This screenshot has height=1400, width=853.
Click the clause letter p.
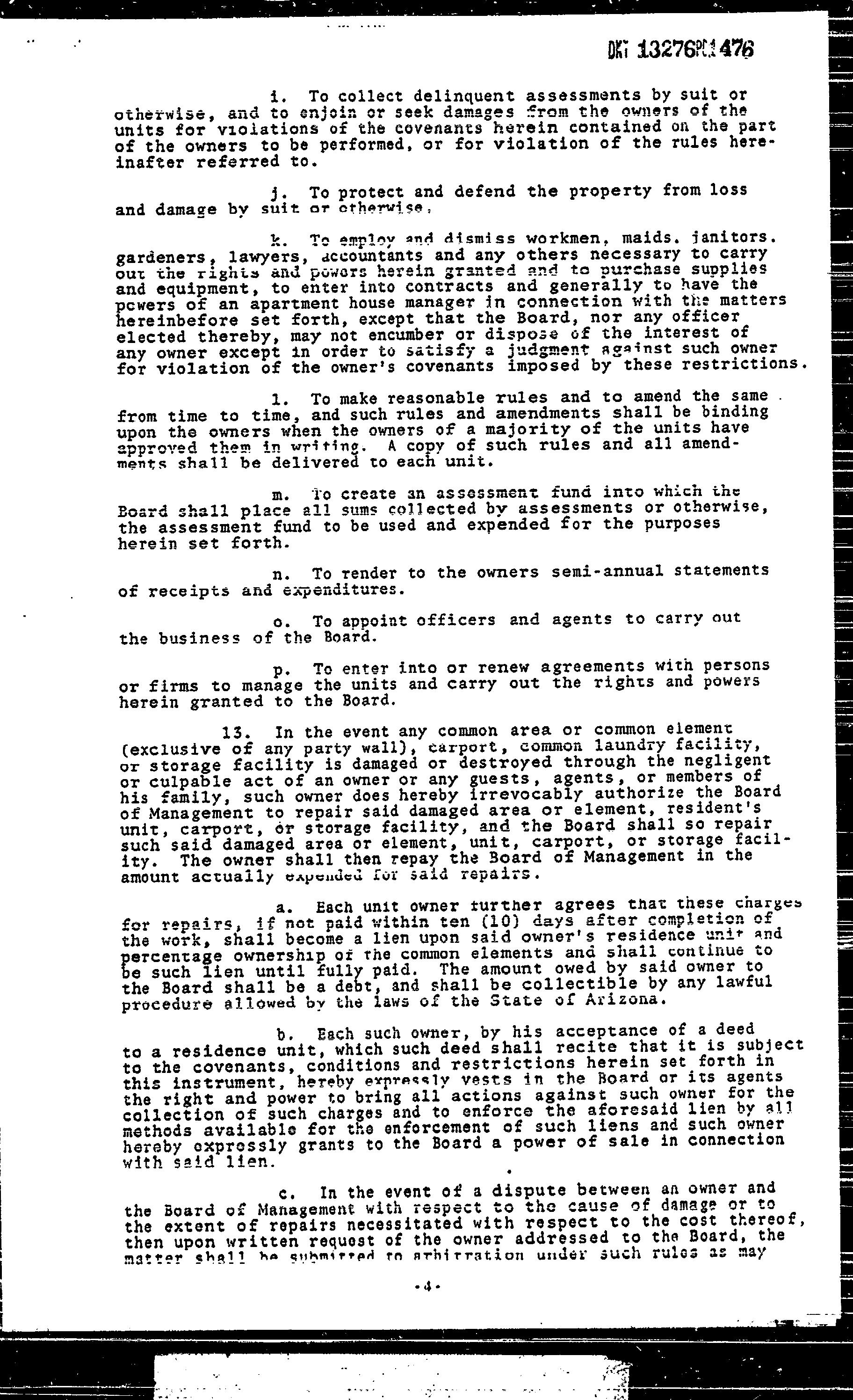point(279,671)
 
